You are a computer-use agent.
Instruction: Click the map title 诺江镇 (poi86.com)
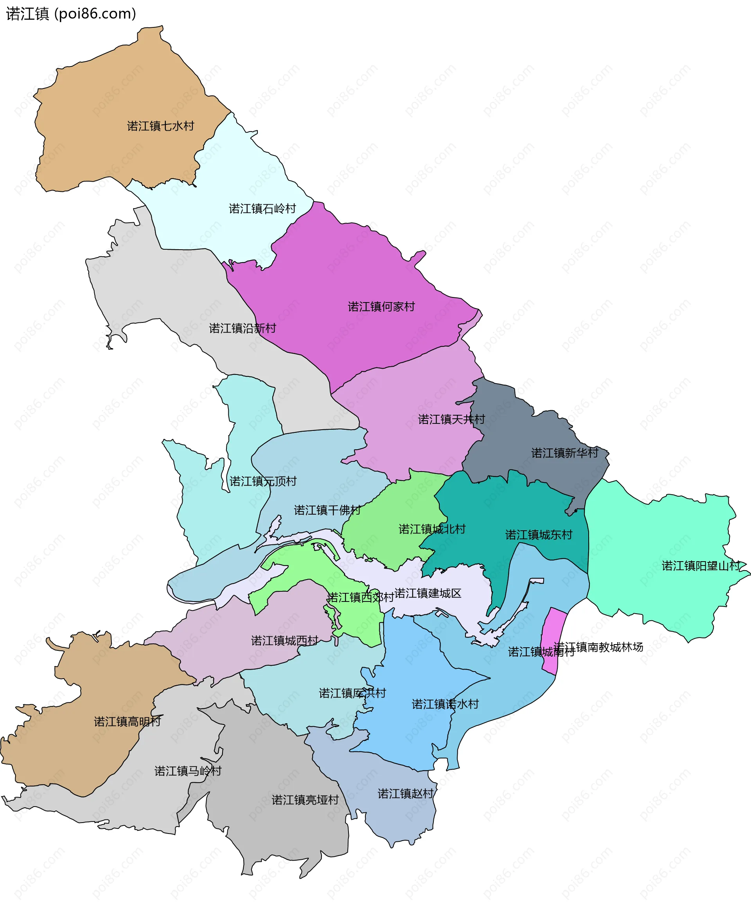(x=71, y=14)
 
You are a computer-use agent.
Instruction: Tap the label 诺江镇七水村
(x=160, y=126)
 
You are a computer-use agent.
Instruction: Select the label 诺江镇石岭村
(x=262, y=209)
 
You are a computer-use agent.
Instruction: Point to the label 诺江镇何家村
(x=381, y=306)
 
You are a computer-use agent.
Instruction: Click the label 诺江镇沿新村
(x=242, y=328)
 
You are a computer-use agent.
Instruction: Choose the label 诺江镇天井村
(x=451, y=419)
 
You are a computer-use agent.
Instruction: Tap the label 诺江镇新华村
(x=565, y=453)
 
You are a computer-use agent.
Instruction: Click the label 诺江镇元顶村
(x=263, y=481)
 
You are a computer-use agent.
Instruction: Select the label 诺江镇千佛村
(x=327, y=510)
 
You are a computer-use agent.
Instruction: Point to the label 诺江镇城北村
(x=432, y=529)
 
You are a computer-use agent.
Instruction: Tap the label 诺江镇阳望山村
(x=701, y=565)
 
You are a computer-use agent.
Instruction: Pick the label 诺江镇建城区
(x=428, y=593)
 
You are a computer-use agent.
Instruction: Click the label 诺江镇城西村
(x=284, y=641)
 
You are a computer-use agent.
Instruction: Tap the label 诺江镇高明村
(x=128, y=722)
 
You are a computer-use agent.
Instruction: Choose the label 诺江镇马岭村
(x=188, y=771)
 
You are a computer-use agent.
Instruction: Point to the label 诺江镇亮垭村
(x=305, y=800)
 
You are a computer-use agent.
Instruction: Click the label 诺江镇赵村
(x=405, y=793)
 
